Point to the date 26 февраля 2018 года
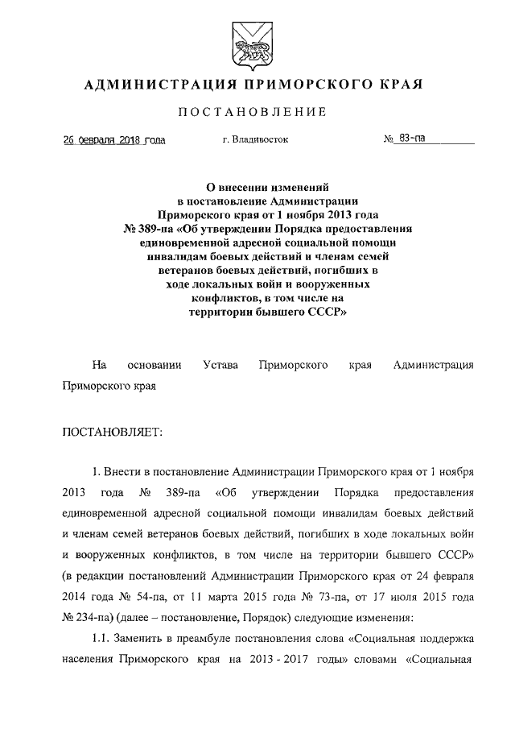click(x=115, y=139)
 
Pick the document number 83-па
click(x=412, y=139)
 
